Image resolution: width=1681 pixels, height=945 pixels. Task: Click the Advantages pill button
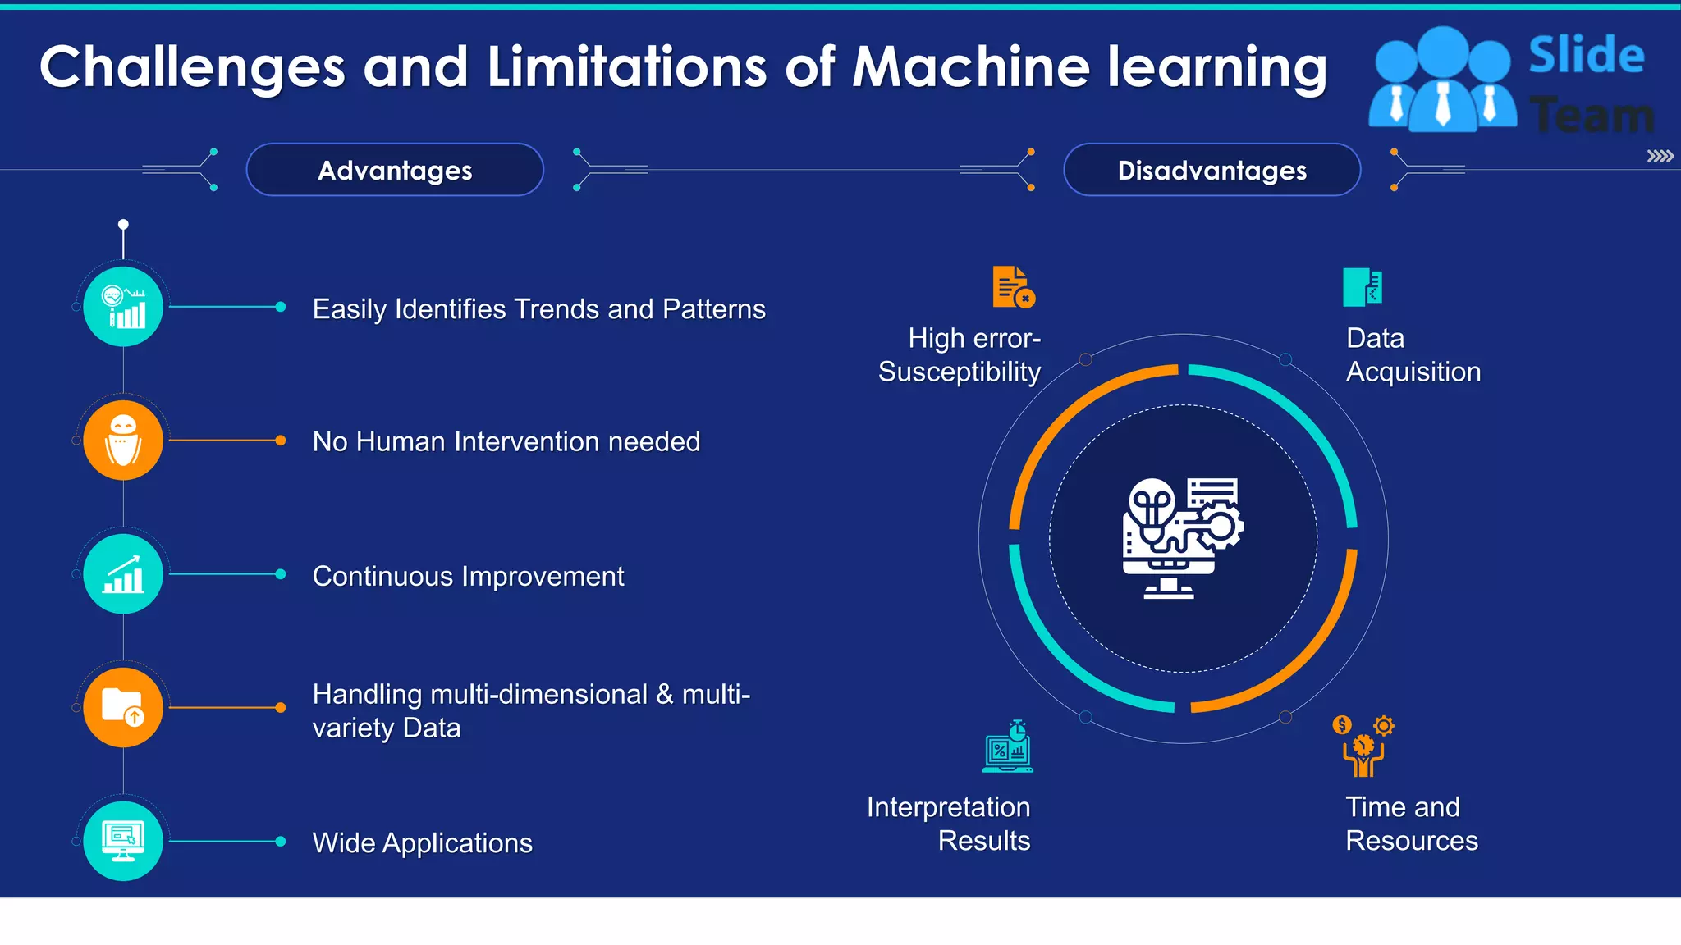(395, 170)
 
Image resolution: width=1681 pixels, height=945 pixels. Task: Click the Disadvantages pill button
(1212, 170)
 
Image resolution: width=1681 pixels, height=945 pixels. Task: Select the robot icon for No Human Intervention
(123, 441)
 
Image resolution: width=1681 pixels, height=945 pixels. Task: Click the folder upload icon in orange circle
(123, 707)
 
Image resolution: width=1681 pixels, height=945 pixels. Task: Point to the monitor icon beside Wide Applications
(123, 841)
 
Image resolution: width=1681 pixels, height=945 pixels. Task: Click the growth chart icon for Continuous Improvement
(123, 574)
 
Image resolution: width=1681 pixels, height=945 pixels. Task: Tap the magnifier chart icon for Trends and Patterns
(123, 307)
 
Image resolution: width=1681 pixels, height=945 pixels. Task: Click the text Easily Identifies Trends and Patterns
(538, 309)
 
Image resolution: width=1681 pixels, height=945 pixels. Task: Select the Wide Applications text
(422, 843)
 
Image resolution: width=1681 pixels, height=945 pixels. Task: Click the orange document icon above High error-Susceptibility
(1013, 287)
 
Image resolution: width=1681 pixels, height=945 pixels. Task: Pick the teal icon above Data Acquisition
(1363, 287)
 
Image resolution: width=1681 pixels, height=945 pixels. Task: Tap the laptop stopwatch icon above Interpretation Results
(1008, 747)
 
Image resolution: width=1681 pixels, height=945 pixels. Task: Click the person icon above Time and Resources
(1363, 746)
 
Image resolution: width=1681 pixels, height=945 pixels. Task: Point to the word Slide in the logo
(1586, 55)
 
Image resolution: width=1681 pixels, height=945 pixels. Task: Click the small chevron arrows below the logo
(1660, 156)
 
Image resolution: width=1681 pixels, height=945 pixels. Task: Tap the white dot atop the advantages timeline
(123, 224)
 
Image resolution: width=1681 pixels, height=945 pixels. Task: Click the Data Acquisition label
(1413, 354)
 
